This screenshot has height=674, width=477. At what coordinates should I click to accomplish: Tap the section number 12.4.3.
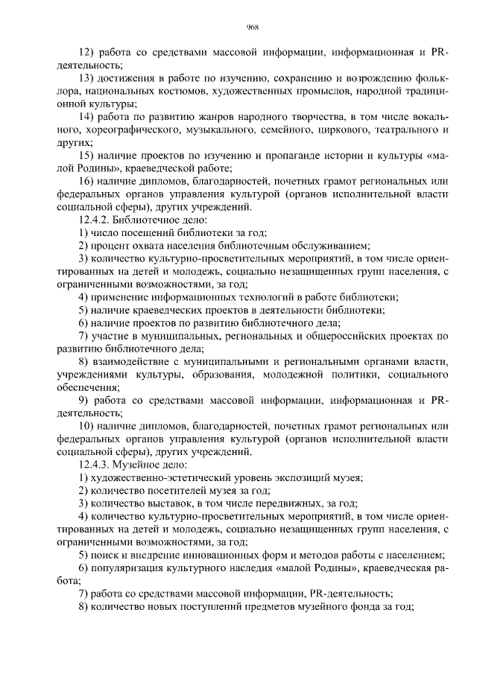pos(96,464)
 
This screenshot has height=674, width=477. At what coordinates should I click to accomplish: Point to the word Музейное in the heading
pos(140,464)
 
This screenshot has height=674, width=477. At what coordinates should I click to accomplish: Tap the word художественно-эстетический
pos(157,477)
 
